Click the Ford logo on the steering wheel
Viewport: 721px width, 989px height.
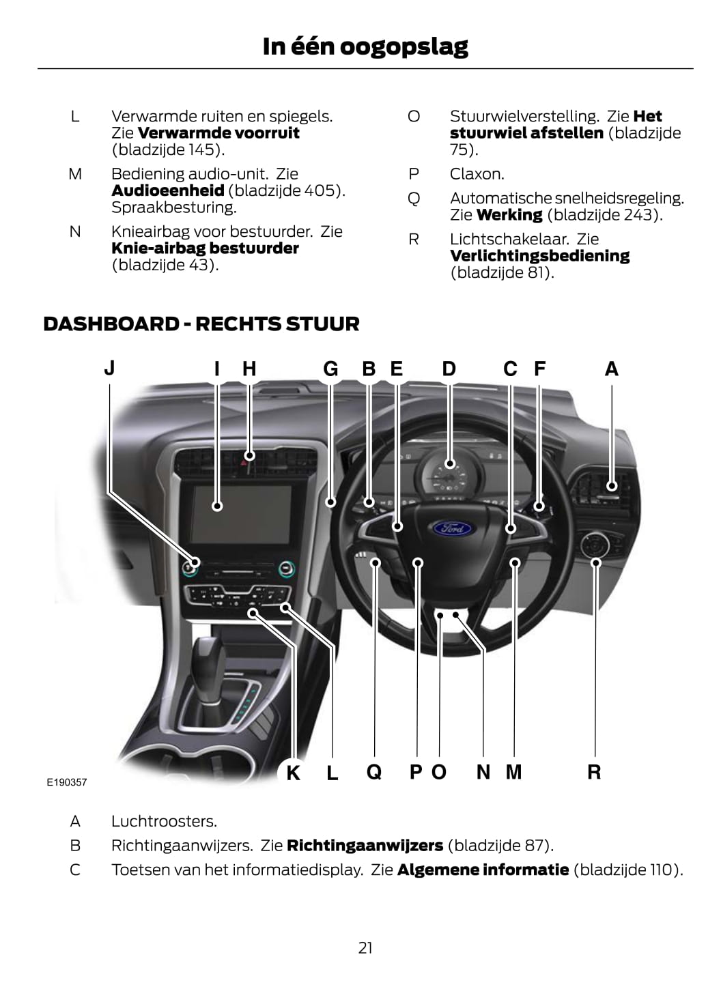coord(452,528)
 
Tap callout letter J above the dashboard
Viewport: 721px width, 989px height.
coord(109,368)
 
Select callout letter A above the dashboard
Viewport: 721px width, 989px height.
coord(611,369)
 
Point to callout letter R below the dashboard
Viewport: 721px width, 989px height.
coord(594,772)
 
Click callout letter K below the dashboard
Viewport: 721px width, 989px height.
coord(293,773)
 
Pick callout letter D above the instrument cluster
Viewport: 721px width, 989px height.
coord(449,369)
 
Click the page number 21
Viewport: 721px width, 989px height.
coord(365,947)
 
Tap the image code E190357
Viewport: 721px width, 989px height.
coord(67,782)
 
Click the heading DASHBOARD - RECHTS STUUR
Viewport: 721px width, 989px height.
coord(201,324)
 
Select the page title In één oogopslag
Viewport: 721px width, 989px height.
coord(365,46)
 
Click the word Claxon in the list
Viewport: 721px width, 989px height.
coord(477,174)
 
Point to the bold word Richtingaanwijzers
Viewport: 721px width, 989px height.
coord(365,846)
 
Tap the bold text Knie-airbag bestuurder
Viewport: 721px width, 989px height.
coord(205,248)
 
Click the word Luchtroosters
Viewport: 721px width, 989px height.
coord(164,821)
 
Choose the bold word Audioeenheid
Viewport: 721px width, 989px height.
coord(167,190)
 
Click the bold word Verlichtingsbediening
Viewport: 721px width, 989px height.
coord(539,256)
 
